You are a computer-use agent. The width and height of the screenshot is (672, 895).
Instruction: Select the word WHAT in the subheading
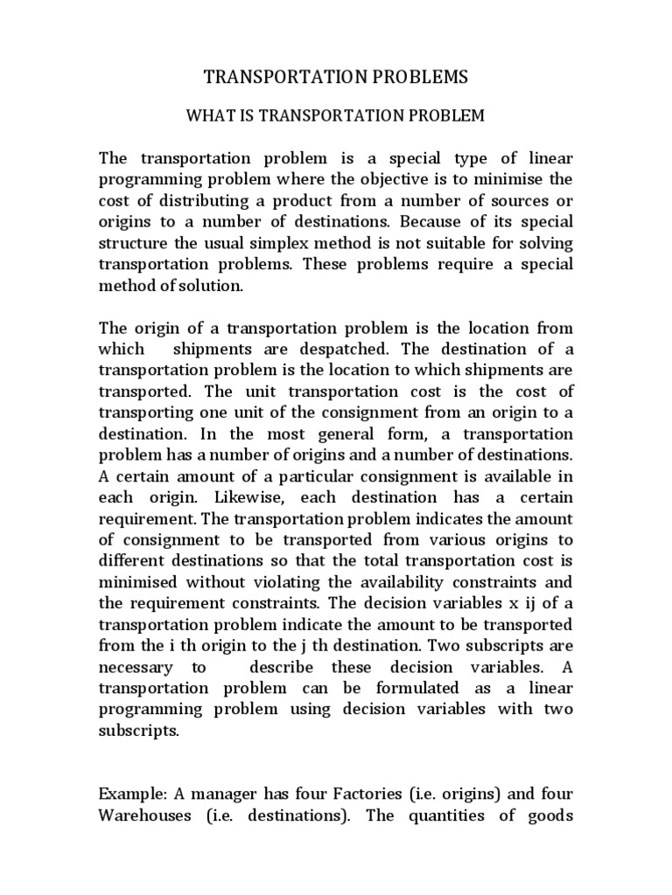[210, 115]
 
